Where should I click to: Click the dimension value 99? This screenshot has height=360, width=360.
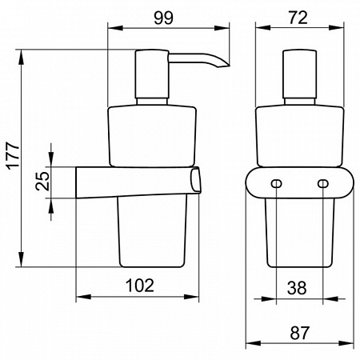pos(163,18)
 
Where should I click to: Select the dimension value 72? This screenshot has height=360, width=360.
pos(298,18)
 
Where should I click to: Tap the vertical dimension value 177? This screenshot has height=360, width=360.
pos(13,156)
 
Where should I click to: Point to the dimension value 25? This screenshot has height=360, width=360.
pos(42,181)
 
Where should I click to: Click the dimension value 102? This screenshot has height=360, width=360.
pos(140,285)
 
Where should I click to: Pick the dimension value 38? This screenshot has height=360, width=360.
pos(297,288)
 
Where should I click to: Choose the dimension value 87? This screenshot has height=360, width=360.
pos(299,333)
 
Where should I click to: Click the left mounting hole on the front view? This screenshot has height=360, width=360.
pos(276,183)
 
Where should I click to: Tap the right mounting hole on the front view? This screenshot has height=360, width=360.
pos(323,183)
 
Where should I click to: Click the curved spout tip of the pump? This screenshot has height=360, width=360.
pos(224,64)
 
